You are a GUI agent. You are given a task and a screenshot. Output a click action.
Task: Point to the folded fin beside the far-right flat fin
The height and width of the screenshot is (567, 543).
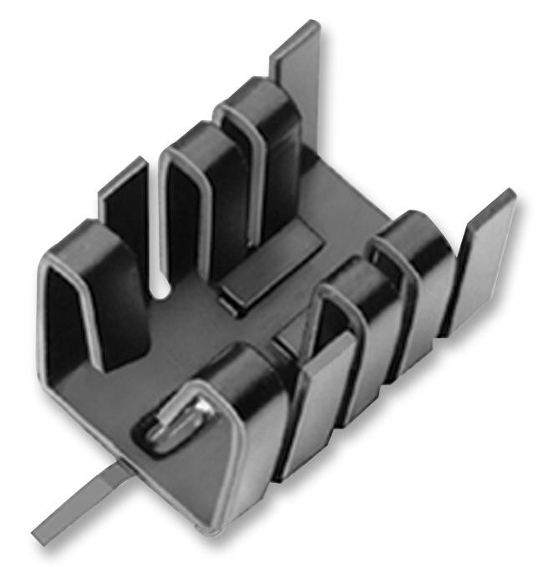click(x=418, y=276)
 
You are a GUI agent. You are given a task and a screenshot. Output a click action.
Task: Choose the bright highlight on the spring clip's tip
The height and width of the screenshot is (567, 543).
click(x=200, y=407)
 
